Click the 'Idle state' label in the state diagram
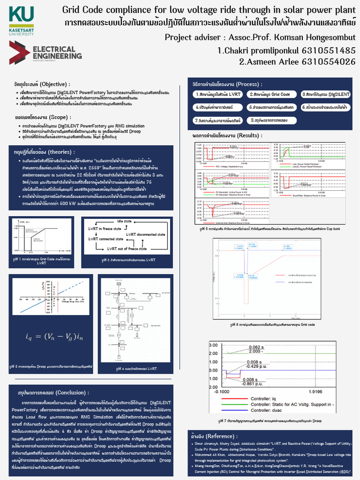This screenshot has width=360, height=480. tap(124, 220)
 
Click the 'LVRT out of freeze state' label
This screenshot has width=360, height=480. tap(127, 248)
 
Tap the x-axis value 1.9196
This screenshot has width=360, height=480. tap(315, 391)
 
